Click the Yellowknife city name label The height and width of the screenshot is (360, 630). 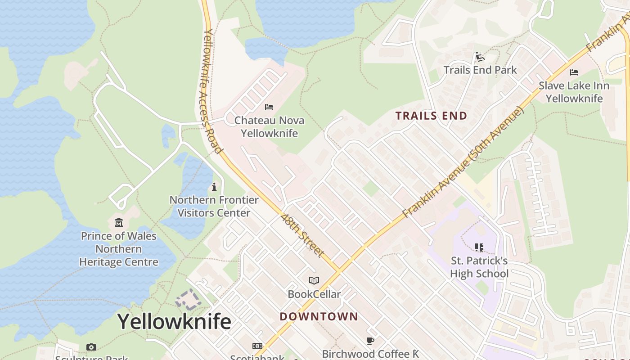pyautogui.click(x=174, y=322)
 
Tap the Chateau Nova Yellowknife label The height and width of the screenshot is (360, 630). pyautogui.click(x=269, y=127)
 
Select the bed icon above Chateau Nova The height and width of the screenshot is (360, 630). pyautogui.click(x=269, y=107)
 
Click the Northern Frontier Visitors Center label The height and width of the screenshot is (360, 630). pyautogui.click(x=214, y=206)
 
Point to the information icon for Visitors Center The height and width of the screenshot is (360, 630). pyautogui.click(x=214, y=186)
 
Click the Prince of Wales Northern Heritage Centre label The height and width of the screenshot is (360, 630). pyautogui.click(x=119, y=249)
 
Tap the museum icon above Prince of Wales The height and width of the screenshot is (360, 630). pyautogui.click(x=119, y=222)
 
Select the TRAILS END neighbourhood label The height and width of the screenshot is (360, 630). pyautogui.click(x=431, y=116)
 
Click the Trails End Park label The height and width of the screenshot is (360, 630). pyautogui.click(x=480, y=70)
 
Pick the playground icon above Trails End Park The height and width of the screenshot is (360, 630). pyautogui.click(x=480, y=57)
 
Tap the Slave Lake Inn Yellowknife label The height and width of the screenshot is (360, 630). pyautogui.click(x=574, y=92)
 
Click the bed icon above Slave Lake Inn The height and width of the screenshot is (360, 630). pyautogui.click(x=574, y=72)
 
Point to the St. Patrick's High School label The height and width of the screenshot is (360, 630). pyautogui.click(x=479, y=267)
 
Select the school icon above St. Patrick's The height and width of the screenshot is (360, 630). pyautogui.click(x=479, y=247)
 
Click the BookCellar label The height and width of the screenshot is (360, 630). pyautogui.click(x=314, y=294)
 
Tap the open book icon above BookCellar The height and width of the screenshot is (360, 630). pyautogui.click(x=314, y=281)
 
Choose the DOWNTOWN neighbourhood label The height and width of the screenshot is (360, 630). pyautogui.click(x=319, y=316)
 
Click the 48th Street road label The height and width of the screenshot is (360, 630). pyautogui.click(x=302, y=235)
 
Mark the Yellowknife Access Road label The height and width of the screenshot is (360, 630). pyautogui.click(x=212, y=90)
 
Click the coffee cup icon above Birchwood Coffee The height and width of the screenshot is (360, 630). pyautogui.click(x=370, y=341)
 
